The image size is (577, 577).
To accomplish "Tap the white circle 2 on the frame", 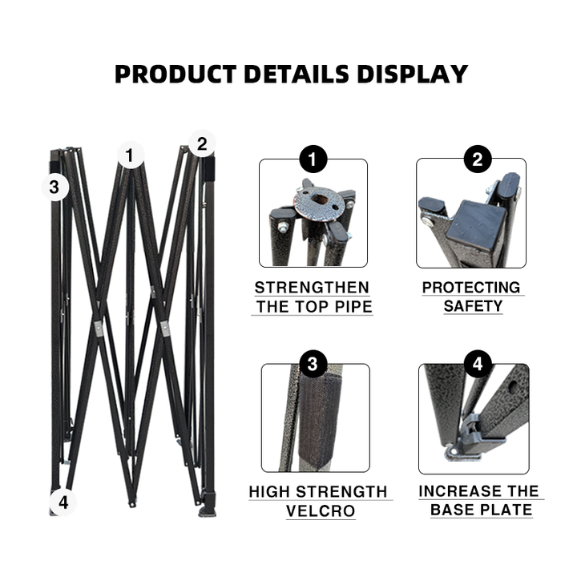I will coord(202,143).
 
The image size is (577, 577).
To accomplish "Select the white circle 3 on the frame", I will coord(54,188).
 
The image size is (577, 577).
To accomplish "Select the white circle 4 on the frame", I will coord(63,502).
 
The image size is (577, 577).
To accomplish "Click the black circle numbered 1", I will coord(313,159).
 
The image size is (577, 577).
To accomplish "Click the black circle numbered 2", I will coord(478,159).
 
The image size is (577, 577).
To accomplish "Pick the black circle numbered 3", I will coord(313,364).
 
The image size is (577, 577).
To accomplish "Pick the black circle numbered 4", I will coord(478,364).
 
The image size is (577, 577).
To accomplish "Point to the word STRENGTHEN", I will coord(312,288).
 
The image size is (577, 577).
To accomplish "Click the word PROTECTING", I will coord(471,288).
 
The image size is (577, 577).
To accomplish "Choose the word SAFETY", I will coord(473,306).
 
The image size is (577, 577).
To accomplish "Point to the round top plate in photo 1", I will coord(320,204).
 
